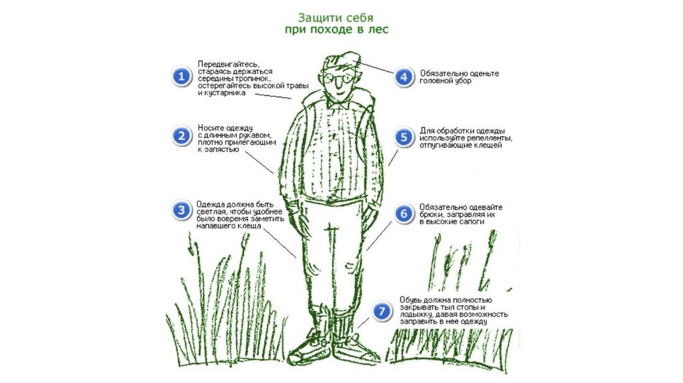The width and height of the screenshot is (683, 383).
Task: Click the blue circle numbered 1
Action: (181, 77)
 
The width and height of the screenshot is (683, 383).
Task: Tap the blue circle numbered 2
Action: (181, 136)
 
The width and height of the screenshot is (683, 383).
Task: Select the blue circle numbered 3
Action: (181, 210)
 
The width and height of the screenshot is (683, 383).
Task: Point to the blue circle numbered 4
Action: (404, 77)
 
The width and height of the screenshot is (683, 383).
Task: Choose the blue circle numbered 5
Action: (404, 137)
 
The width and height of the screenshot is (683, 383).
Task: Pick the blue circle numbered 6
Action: (404, 214)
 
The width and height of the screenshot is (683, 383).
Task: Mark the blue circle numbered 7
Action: (382, 311)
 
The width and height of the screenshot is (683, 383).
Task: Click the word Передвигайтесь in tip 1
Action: (228, 65)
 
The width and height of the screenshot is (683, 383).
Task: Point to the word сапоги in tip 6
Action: (469, 222)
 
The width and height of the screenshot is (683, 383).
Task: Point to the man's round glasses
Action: (337, 79)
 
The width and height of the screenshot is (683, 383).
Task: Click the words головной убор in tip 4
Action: (445, 81)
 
